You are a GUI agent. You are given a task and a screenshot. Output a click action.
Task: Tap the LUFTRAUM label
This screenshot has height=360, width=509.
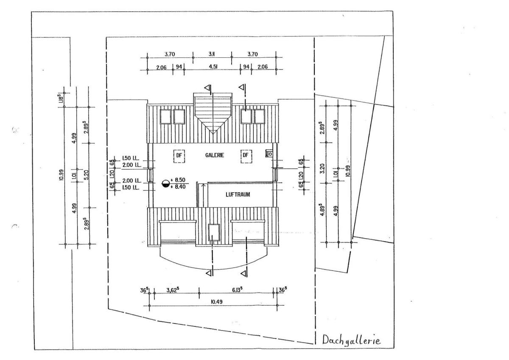pos(237,195)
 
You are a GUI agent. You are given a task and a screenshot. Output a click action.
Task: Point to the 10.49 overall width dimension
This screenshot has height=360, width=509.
pos(212,301)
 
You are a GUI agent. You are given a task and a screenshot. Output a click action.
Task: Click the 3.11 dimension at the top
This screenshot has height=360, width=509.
pos(212,54)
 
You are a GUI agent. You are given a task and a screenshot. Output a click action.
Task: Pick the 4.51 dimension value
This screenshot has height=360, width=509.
pos(212,67)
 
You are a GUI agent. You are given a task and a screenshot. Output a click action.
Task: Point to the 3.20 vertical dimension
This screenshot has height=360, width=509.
pos(323,169)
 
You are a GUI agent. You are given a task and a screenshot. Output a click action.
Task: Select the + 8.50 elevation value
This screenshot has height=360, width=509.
pos(180,180)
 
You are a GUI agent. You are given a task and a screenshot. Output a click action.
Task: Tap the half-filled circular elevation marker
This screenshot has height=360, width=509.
pos(166,183)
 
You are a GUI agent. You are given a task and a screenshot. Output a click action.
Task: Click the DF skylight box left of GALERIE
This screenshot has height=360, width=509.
pos(179,156)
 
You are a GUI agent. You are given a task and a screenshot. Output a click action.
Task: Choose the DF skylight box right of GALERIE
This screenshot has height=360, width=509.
pos(246,156)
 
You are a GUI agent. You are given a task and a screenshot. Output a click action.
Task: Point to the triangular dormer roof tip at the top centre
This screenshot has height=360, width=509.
pos(213,132)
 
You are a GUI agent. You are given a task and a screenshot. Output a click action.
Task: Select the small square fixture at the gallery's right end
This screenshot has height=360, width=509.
pos(269,154)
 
